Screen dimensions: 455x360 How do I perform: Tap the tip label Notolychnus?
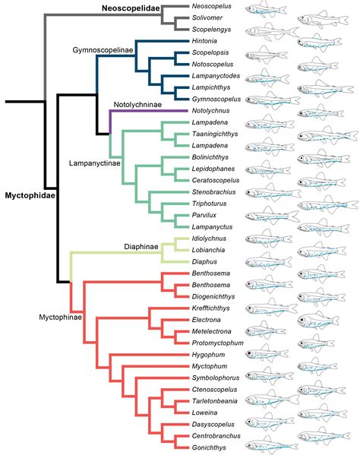(x=212, y=112)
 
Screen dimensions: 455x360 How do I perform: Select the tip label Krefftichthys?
(x=213, y=308)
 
